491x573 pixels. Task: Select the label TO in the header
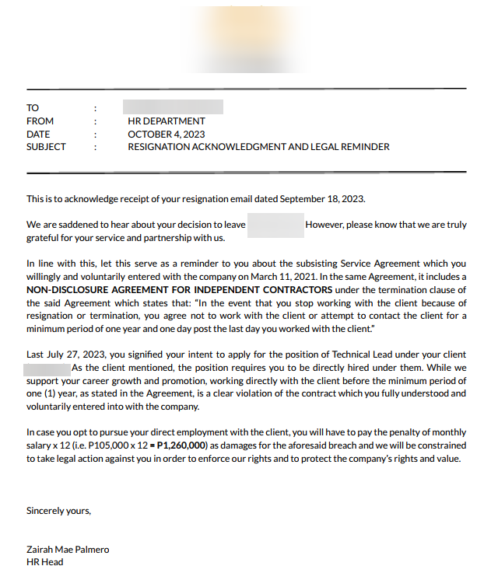point(32,108)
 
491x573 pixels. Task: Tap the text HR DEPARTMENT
point(167,121)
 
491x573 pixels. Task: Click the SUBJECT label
point(46,147)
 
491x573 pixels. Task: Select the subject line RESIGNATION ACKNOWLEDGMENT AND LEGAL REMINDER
point(258,147)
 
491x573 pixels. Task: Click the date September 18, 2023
point(321,199)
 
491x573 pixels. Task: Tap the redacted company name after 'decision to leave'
point(275,225)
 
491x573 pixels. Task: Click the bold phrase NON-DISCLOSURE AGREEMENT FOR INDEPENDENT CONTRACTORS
point(172,290)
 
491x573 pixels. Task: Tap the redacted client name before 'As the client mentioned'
point(47,368)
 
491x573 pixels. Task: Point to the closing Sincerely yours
point(58,511)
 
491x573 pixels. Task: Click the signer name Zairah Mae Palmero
point(68,550)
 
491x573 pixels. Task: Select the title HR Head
point(45,562)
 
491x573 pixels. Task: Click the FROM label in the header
point(40,121)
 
